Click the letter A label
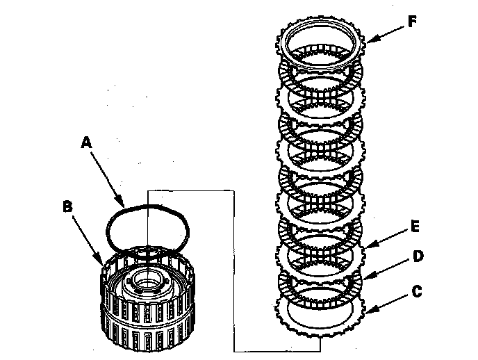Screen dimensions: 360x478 coord(86,142)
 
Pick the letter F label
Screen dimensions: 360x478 coord(412,21)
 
